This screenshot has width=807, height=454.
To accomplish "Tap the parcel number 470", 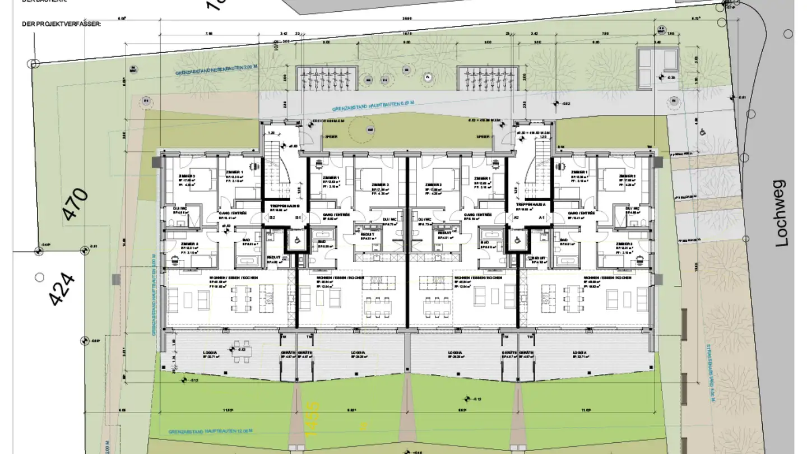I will [76, 205].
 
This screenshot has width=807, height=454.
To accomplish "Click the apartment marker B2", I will [272, 217].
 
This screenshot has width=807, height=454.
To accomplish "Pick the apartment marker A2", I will [516, 217].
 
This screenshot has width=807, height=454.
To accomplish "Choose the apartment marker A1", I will [542, 217].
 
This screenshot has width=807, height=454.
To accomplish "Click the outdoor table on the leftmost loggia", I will [243, 350].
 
